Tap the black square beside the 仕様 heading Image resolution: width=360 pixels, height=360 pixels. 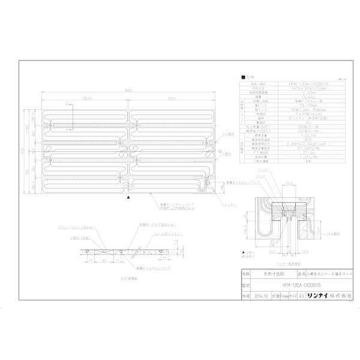242,78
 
